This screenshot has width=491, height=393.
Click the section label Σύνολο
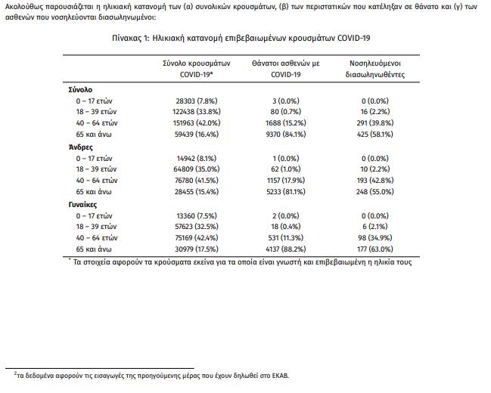point(79,89)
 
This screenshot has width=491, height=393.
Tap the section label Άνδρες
point(79,147)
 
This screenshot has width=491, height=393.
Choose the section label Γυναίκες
point(83,204)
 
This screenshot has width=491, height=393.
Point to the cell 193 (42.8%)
point(375,181)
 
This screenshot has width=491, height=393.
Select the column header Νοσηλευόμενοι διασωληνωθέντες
point(375,69)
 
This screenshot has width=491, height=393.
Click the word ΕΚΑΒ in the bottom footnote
point(278,375)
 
